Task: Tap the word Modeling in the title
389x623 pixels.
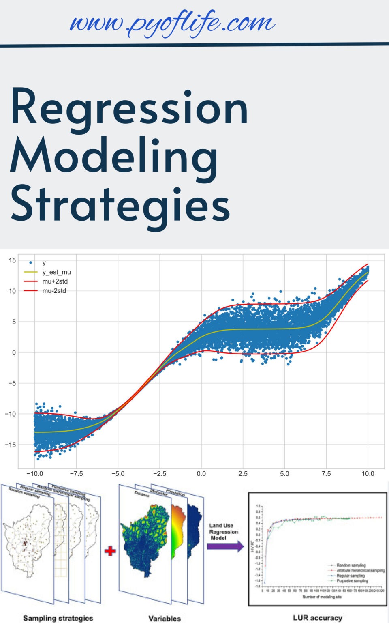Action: [x=114, y=157]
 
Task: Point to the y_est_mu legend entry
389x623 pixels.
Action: [x=56, y=272]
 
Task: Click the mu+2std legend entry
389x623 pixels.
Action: [x=55, y=281]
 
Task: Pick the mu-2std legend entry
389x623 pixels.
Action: [x=54, y=291]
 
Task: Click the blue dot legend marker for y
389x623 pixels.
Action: [x=31, y=263]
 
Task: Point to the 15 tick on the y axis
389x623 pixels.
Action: [x=12, y=260]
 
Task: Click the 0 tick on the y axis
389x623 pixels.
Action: [x=14, y=352]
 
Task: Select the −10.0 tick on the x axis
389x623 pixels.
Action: [x=34, y=473]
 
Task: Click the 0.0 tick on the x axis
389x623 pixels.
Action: [x=201, y=473]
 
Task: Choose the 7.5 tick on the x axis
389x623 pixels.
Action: [x=326, y=473]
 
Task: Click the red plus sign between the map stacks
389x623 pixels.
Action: [x=110, y=551]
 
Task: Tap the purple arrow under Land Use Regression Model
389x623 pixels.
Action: [x=225, y=546]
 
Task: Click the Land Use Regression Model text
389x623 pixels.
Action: [x=223, y=531]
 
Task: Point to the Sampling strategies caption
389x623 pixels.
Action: [x=58, y=618]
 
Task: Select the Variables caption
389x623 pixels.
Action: [x=165, y=619]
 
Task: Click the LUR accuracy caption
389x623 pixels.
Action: [x=318, y=618]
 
